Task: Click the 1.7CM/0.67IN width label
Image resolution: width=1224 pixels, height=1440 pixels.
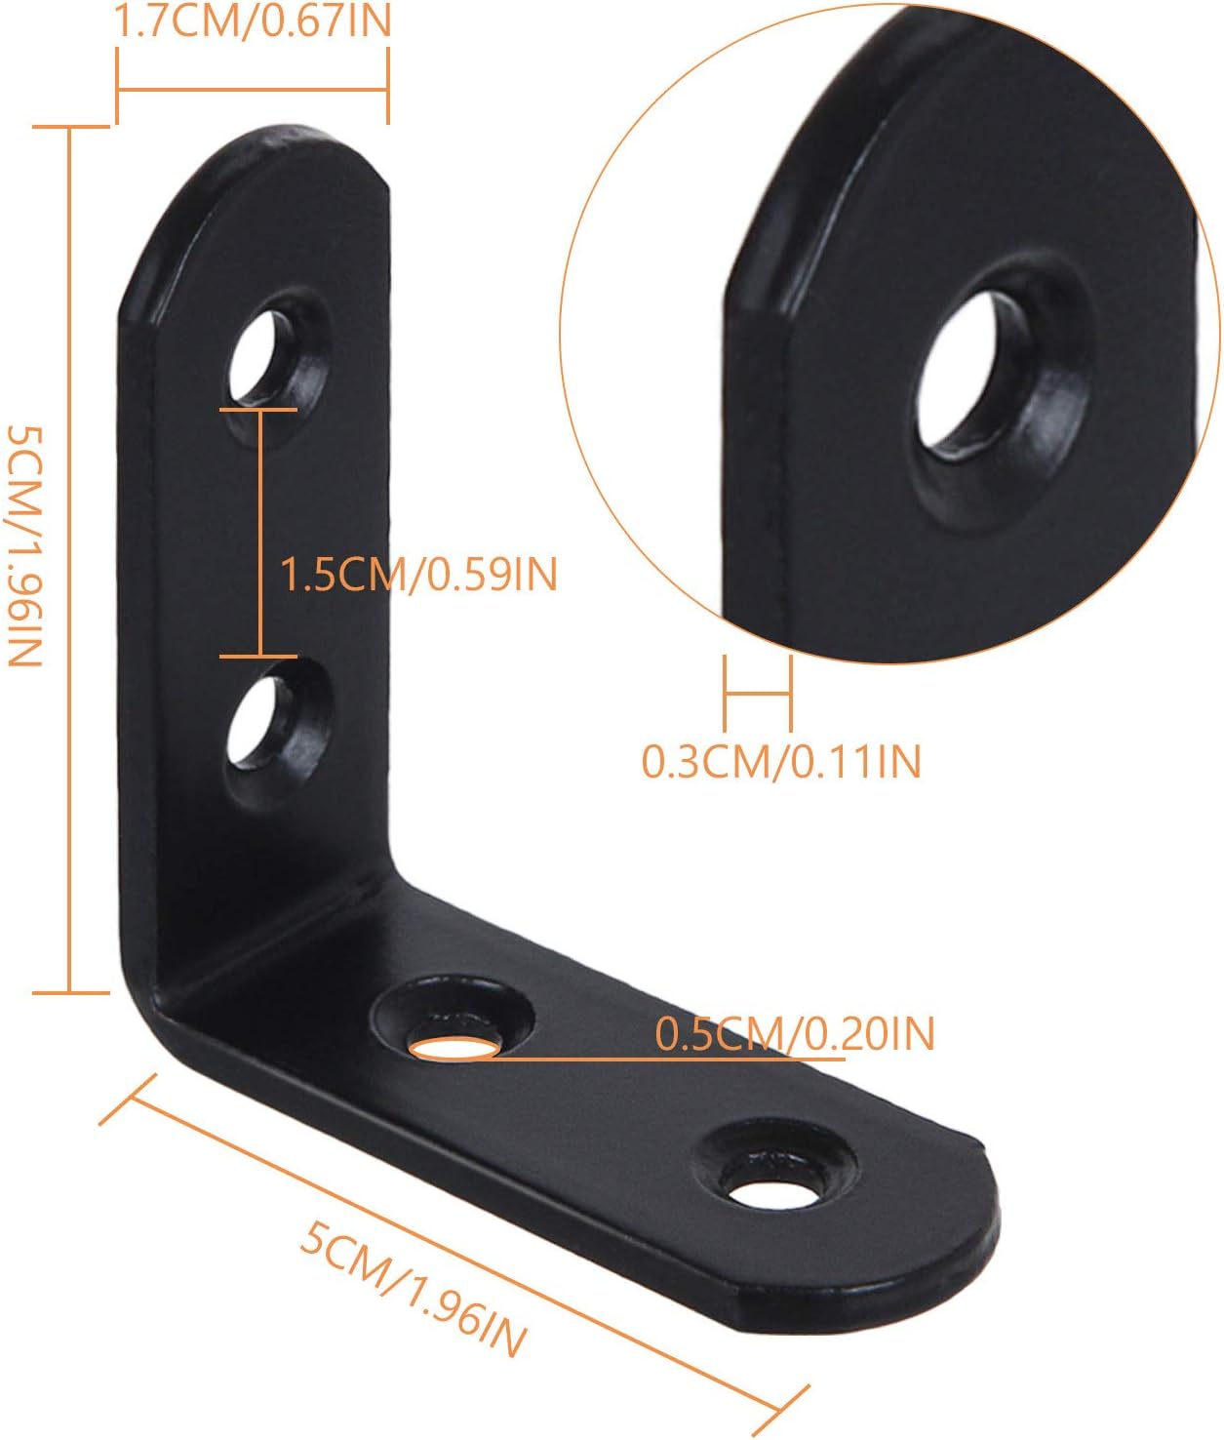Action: pos(253,20)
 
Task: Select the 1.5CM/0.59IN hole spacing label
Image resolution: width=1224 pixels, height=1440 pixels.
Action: pos(418,574)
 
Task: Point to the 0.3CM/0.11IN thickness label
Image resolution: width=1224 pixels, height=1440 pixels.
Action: pos(781,761)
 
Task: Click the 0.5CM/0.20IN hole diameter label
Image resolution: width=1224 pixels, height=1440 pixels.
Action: pos(794,1033)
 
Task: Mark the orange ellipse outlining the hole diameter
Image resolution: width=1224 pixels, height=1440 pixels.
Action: pos(454,1049)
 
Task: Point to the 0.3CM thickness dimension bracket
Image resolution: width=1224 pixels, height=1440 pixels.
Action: pos(757,694)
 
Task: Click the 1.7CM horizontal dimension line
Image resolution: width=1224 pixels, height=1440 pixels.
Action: pos(253,91)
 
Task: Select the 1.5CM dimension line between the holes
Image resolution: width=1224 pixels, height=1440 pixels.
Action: pos(259,533)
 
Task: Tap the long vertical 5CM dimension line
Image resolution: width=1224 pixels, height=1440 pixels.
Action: pos(69,560)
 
